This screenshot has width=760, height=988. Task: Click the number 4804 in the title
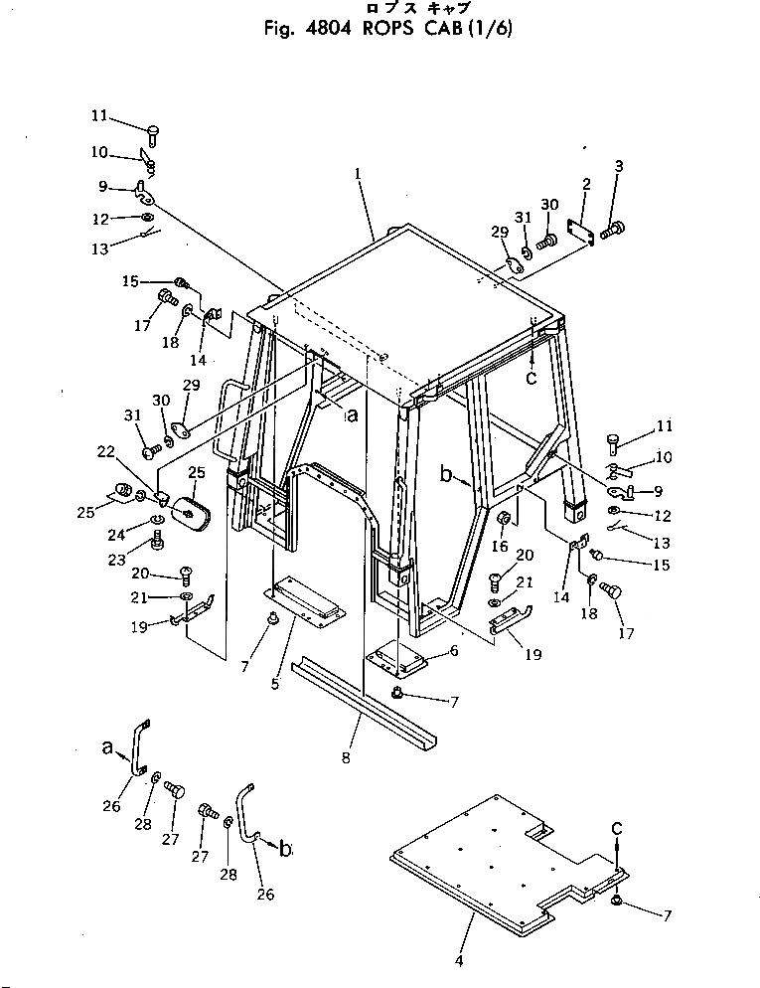pos(327,30)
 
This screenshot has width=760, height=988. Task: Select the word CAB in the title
pos(444,30)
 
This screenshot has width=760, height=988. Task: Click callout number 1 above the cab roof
pos(358,171)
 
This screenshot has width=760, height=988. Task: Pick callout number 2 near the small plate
pos(586,185)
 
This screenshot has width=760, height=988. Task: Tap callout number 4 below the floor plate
pos(459,961)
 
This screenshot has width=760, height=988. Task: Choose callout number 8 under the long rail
pos(346,758)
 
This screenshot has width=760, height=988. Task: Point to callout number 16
pos(500,546)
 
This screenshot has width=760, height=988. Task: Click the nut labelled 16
pos(504,520)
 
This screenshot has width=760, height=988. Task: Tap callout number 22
pos(105,451)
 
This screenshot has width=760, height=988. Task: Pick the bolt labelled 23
pos(157,540)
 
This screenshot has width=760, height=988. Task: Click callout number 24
pos(116,535)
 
